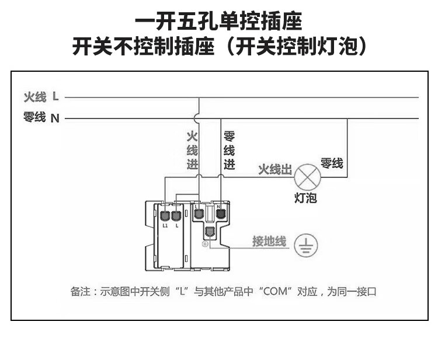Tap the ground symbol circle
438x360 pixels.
(306, 246)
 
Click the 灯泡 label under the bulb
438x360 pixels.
(305, 198)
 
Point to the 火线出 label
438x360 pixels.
(274, 170)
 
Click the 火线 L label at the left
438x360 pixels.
(41, 96)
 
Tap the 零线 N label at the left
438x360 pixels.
(41, 118)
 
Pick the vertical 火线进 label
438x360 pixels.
(192, 151)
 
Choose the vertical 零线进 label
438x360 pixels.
(230, 151)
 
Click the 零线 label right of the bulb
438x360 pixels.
(332, 163)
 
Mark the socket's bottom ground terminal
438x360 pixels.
(210, 233)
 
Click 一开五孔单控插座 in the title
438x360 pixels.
(218, 23)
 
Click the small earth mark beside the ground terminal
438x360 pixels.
(205, 244)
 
